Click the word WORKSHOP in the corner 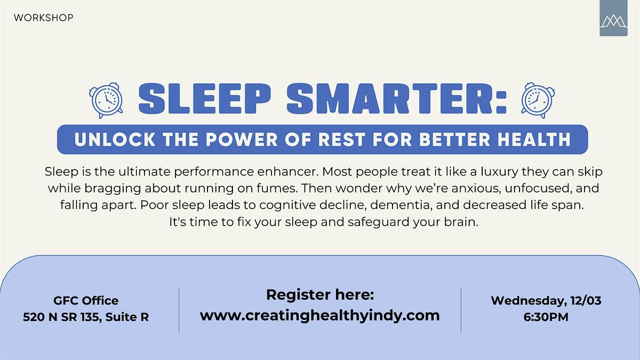(44, 18)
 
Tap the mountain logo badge (613, 19)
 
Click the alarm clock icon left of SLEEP (107, 100)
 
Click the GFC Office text (86, 301)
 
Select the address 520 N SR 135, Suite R (86, 317)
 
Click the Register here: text (320, 294)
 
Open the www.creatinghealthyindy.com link (320, 315)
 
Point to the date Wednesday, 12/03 (546, 300)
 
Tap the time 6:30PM (546, 317)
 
